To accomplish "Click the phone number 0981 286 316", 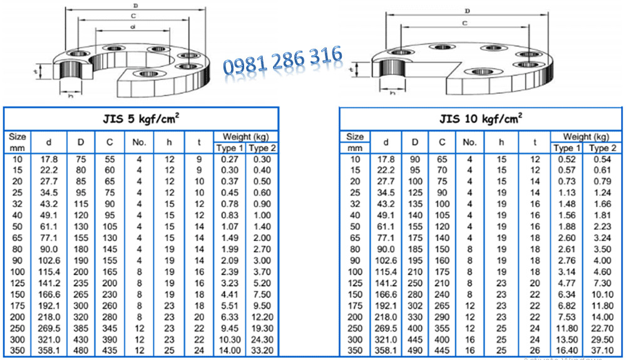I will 283,61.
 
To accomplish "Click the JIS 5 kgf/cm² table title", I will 140,118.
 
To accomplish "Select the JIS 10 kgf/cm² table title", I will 481,118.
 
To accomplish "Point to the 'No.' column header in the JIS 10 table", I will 469,142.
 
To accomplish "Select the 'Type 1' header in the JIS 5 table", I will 229,148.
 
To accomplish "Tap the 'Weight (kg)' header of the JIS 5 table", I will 245,136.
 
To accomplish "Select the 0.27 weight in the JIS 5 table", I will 229,159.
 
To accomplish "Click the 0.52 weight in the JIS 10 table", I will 567,159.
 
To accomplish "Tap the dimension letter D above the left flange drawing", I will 136,5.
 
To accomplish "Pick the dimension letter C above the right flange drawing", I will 465,23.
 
